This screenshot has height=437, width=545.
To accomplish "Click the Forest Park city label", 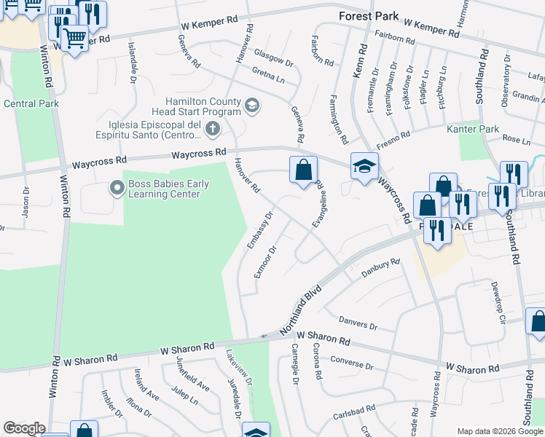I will [x=368, y=16].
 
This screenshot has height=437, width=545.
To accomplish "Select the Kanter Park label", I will [x=473, y=129].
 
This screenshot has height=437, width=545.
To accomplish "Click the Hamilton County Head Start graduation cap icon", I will [x=252, y=106].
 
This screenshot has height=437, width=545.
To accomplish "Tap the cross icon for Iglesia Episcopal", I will [x=213, y=130].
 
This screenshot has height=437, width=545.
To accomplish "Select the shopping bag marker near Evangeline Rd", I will [x=303, y=170].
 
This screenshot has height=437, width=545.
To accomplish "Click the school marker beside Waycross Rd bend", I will [x=364, y=166].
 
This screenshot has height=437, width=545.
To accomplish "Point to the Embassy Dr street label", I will [x=259, y=230].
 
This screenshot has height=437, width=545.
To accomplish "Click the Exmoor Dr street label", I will [x=265, y=261].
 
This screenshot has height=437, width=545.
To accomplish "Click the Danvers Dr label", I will [x=358, y=323].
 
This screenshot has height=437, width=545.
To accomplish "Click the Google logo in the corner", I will [x=24, y=428].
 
